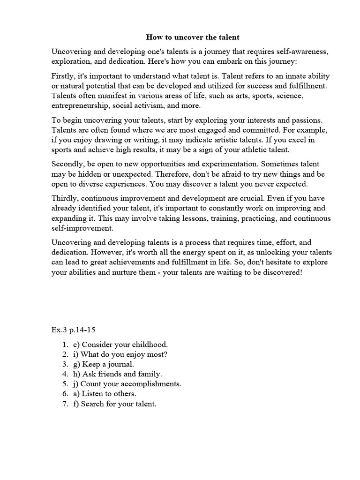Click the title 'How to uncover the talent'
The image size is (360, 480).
point(180,37)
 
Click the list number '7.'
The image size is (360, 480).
point(65,404)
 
